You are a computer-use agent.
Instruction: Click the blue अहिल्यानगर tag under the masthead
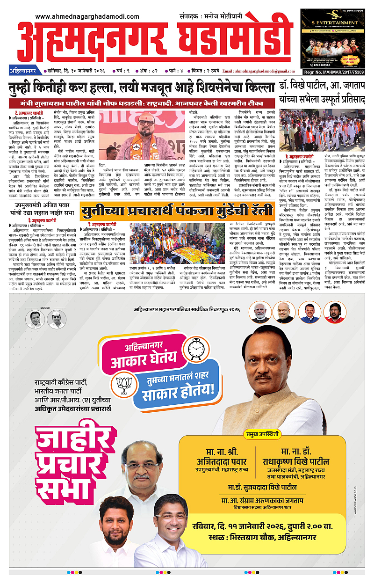coord(23,71)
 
